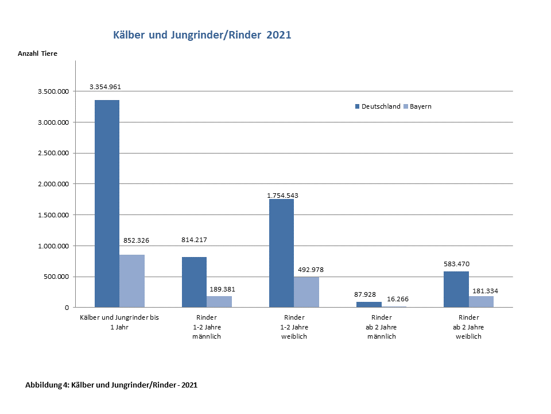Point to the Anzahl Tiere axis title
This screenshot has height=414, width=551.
[38, 53]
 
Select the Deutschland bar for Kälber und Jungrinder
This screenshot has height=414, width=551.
[107, 204]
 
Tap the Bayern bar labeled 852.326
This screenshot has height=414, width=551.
[132, 281]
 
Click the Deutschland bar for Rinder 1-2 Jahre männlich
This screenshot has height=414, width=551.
[194, 282]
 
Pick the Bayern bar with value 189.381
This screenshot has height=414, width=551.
[219, 301]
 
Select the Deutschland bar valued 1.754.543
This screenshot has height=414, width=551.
[281, 253]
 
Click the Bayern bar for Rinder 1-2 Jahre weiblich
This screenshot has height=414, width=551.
[306, 292]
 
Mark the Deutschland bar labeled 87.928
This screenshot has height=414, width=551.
[368, 304]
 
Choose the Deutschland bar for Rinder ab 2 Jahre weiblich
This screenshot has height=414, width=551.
[456, 289]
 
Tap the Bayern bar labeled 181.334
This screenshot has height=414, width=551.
[481, 301]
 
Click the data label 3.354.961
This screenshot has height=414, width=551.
[105, 87]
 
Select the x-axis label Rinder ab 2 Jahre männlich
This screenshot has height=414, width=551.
[382, 327]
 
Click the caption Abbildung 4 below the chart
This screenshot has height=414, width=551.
[111, 385]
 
